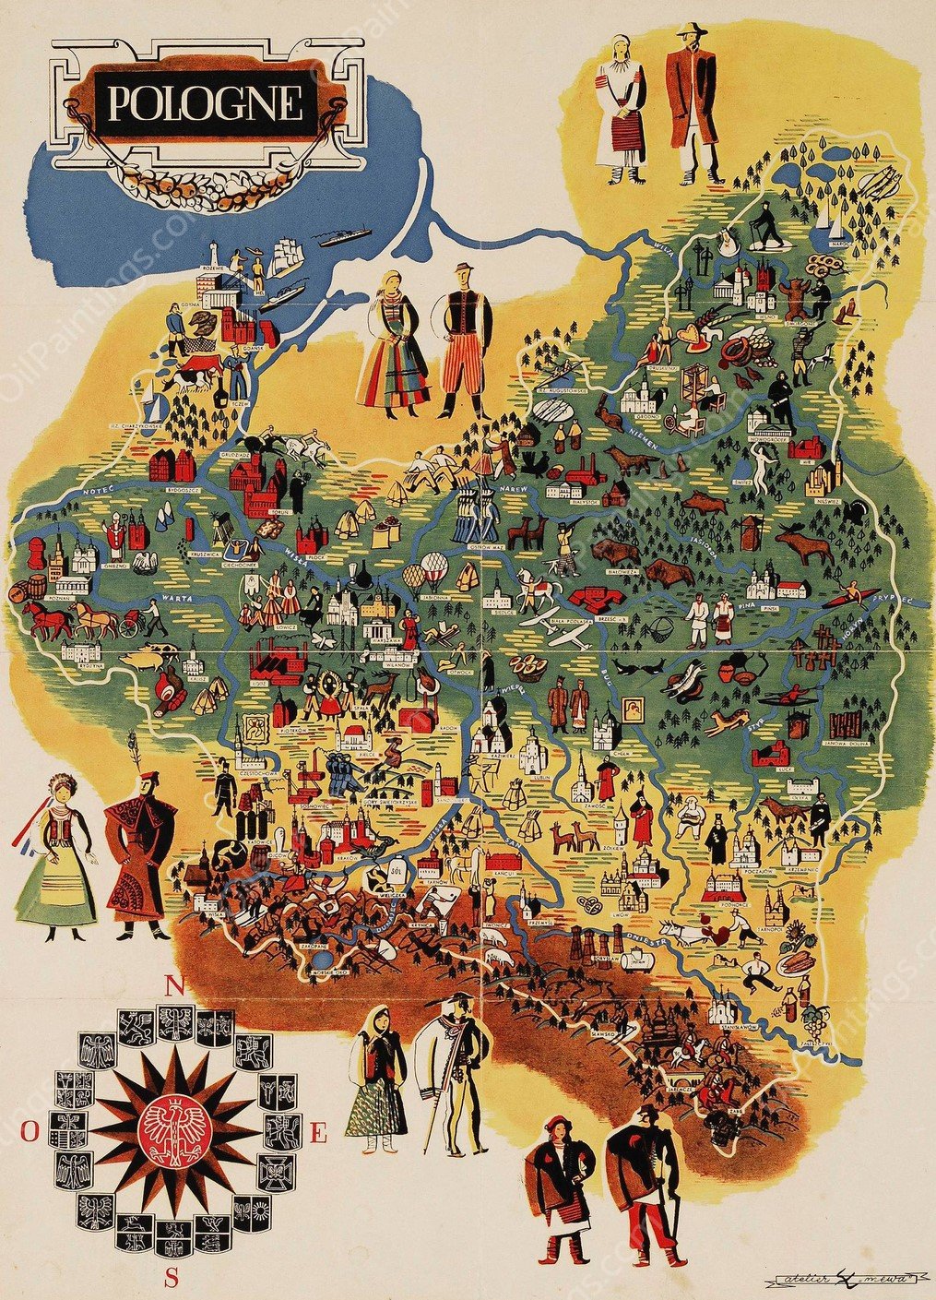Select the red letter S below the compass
[x=171, y=1278]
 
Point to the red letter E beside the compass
[x=318, y=1135]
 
